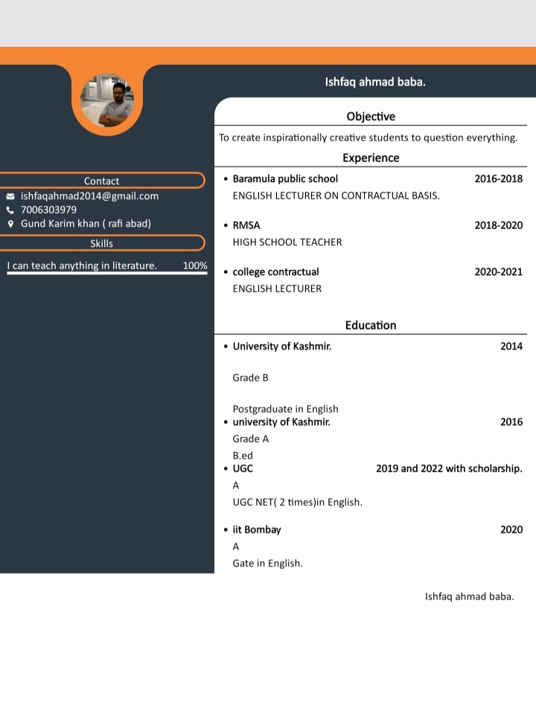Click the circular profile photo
(x=107, y=100)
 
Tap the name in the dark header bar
(x=375, y=82)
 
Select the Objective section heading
(x=371, y=117)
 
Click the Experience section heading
(x=371, y=158)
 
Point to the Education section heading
(x=371, y=325)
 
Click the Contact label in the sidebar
(x=101, y=181)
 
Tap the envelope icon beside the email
(x=10, y=196)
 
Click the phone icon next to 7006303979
(x=10, y=210)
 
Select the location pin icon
(x=10, y=224)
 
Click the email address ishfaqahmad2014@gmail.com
(x=89, y=196)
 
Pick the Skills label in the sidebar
(x=101, y=243)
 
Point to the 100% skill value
(x=195, y=265)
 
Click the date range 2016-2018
(x=499, y=178)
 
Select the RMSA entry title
(x=246, y=225)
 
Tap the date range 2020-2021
(x=499, y=272)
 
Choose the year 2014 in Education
(x=511, y=346)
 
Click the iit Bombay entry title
(x=257, y=530)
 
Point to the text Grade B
(x=250, y=378)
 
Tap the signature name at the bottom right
(x=469, y=596)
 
